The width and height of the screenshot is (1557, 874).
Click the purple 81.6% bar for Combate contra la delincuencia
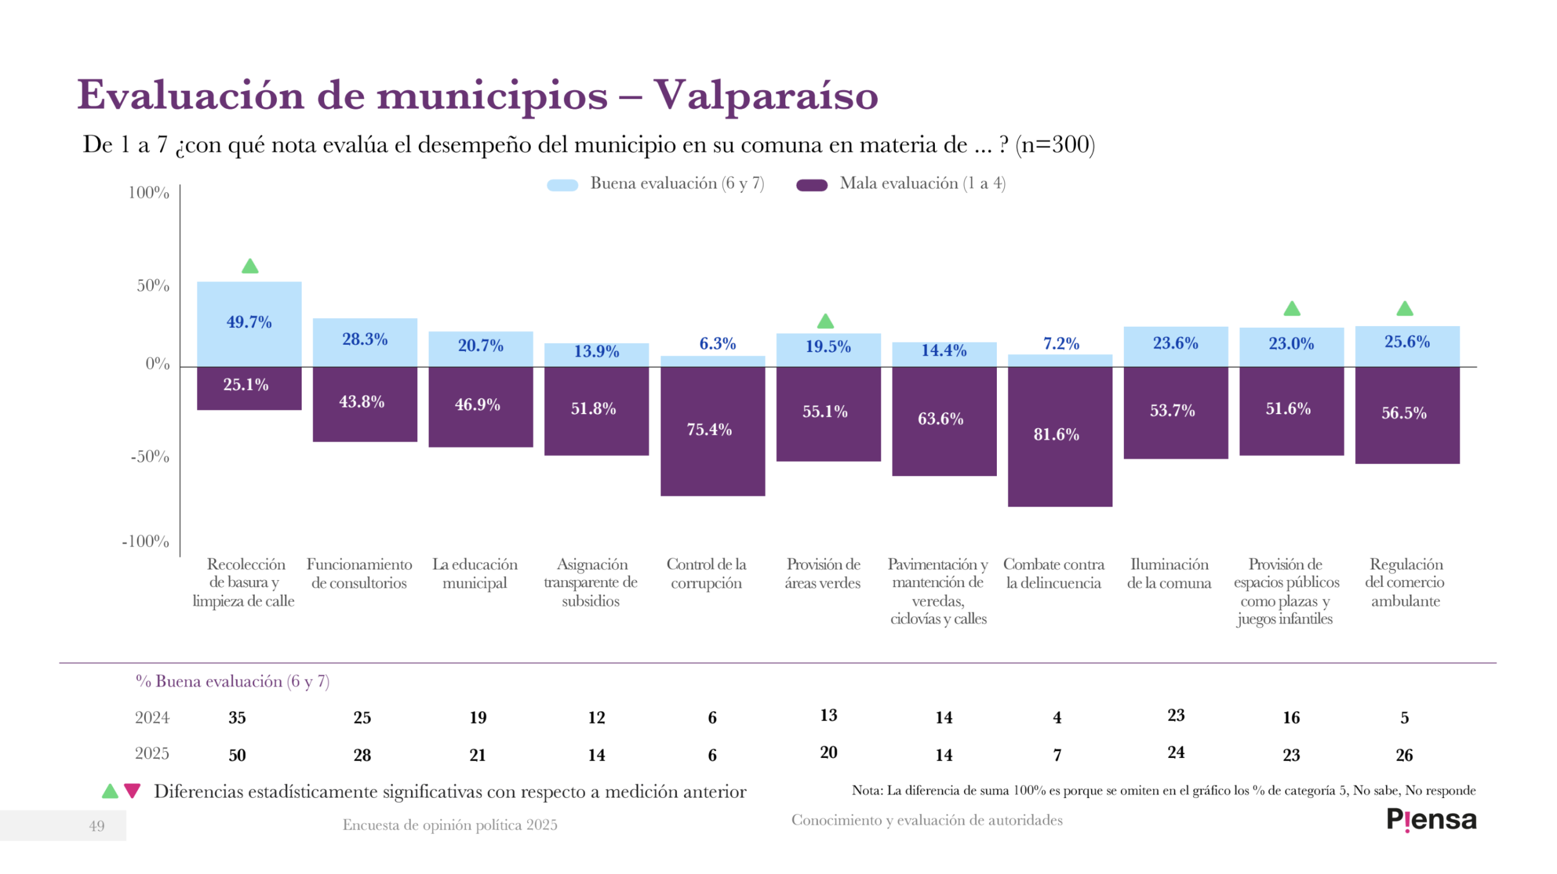1059,436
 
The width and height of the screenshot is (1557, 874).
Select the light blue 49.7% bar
249,324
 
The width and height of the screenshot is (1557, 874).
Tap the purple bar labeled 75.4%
712,431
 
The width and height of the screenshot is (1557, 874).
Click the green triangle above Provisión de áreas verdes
825,321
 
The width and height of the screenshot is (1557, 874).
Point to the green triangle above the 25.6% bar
1404,309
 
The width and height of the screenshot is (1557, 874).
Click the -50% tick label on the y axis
150,456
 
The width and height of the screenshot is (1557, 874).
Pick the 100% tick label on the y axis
148,193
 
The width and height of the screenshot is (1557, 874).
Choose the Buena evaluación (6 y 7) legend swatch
562,185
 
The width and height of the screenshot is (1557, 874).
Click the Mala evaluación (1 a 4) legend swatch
811,185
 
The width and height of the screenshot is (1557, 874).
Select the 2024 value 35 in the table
237,718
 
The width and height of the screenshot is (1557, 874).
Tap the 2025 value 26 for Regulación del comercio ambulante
1404,755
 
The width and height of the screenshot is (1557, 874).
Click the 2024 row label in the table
152,718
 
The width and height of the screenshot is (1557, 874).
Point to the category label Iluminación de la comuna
1168,574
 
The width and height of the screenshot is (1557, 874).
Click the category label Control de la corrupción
706,574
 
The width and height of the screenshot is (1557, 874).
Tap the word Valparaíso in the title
766,95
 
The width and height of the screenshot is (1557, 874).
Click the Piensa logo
1430,820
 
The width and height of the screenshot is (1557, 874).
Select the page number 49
97,825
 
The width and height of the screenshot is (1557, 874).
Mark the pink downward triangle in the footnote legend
132,791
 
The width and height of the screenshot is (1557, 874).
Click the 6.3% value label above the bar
717,344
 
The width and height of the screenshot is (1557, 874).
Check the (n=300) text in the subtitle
1055,145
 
